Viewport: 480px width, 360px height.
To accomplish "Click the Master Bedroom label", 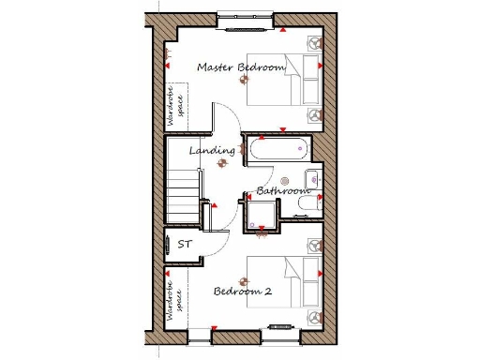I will pyautogui.click(x=241, y=67).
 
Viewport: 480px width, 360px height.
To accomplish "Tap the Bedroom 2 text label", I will pyautogui.click(x=243, y=292).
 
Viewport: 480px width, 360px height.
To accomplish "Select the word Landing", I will pyautogui.click(x=211, y=150).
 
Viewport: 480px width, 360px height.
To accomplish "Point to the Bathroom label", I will pyautogui.click(x=282, y=191).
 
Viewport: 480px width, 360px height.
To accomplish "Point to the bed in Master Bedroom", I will pyautogui.click(x=284, y=80).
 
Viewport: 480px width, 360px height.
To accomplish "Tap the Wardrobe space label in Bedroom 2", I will pyautogui.click(x=172, y=302).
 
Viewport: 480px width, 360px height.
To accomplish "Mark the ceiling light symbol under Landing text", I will pyautogui.click(x=222, y=163).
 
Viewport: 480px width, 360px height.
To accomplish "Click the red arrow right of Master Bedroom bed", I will pyautogui.click(x=321, y=67).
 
